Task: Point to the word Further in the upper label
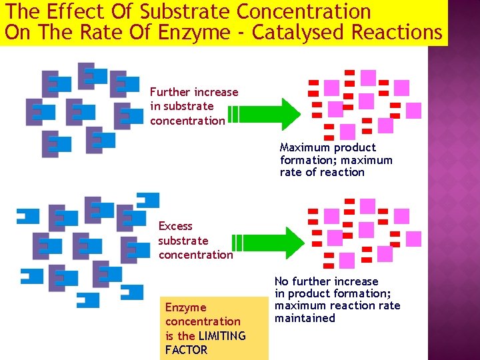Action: point(171,92)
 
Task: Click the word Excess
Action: point(175,226)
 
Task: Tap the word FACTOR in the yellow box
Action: point(186,350)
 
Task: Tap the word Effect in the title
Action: point(73,11)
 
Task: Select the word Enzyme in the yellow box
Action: point(185,307)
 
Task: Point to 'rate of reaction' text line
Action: point(322,172)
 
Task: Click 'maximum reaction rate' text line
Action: point(337,305)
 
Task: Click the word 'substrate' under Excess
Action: point(183,241)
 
